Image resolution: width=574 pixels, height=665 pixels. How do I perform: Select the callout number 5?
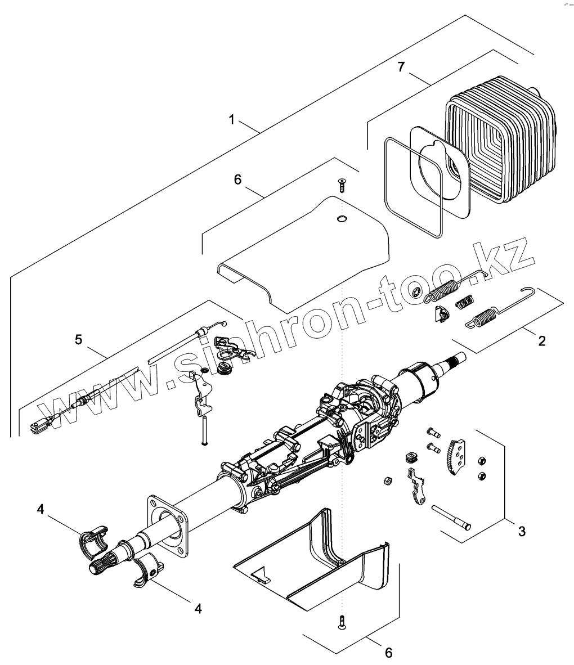[78, 339]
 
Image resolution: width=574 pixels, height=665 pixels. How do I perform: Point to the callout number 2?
[541, 341]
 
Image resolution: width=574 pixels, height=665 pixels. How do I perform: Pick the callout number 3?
[522, 531]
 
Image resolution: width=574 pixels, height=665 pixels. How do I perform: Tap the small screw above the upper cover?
[342, 183]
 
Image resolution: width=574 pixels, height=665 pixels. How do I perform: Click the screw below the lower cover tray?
[342, 622]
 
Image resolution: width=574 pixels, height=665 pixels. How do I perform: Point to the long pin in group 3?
[451, 516]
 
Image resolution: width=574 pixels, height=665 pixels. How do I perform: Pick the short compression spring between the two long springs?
[464, 303]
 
